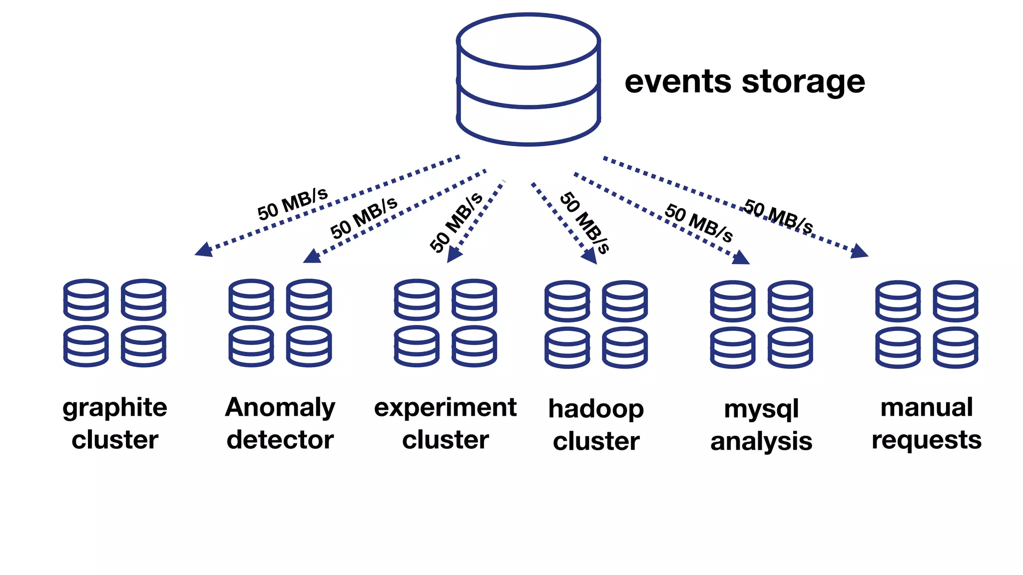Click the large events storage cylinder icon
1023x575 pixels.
(528, 80)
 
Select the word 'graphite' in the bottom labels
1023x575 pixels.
(115, 408)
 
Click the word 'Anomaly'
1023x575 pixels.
(280, 408)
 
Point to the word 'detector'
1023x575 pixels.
(280, 440)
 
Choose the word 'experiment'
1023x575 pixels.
(445, 407)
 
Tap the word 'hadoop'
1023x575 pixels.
(596, 410)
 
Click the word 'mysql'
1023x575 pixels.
(761, 410)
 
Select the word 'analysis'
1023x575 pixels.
(761, 442)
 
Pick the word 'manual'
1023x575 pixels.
(927, 407)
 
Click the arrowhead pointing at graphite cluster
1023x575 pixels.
(204, 249)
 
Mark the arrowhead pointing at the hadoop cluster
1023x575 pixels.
(590, 256)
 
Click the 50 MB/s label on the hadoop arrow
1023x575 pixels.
(584, 223)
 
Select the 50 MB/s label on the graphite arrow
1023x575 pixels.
(293, 204)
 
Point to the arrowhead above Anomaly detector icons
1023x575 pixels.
(312, 256)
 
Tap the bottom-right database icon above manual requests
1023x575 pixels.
(955, 347)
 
